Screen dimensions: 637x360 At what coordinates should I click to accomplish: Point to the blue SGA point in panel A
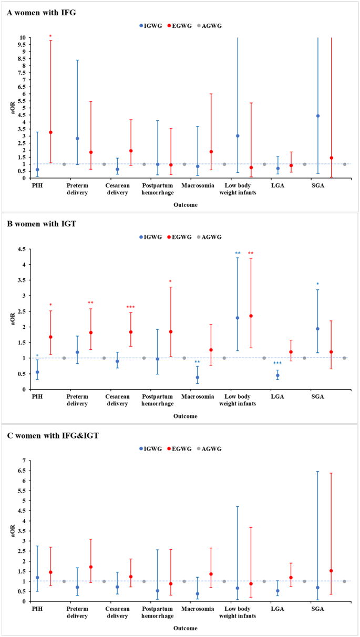tap(318, 116)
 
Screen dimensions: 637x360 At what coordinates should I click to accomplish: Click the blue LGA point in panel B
tap(277, 375)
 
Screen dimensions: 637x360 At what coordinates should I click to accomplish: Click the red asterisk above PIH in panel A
tap(50, 36)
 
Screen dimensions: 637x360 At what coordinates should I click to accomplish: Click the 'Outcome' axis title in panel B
tap(186, 416)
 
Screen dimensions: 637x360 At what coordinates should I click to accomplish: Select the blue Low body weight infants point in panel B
tap(238, 318)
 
